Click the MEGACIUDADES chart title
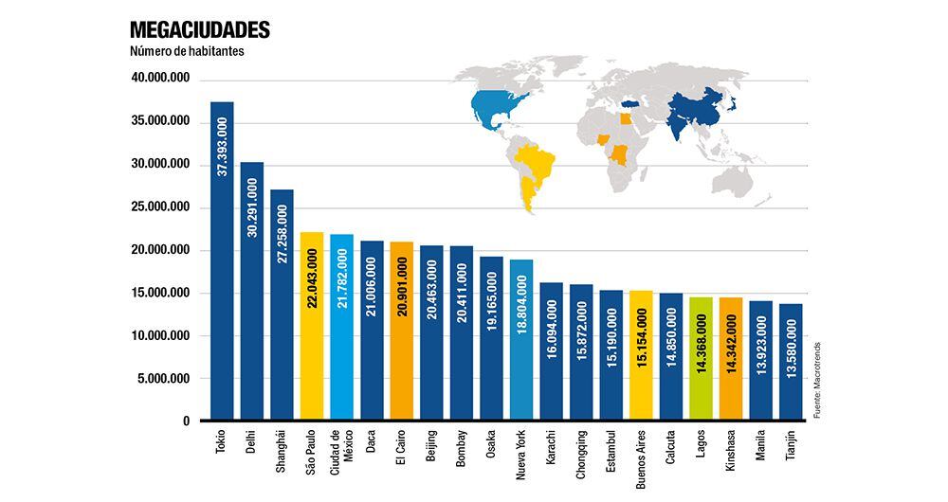coord(200,29)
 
